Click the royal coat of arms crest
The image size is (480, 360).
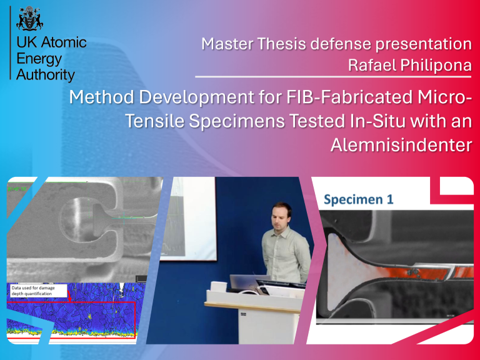pos(30,18)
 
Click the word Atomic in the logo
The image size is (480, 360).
pos(64,42)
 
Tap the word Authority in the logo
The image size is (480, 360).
pos(46,75)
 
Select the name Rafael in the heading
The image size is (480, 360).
pos(372,65)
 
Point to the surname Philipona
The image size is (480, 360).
pos(436,65)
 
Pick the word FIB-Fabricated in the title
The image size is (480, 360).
pos(349,97)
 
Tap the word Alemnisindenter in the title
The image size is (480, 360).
pos(401,144)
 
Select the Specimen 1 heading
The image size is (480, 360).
pos(359,199)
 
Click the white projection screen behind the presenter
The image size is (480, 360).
pos(187,219)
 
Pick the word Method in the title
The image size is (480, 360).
pos(102,97)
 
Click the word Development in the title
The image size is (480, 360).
pos(196,98)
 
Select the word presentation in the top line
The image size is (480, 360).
pos(424,44)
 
